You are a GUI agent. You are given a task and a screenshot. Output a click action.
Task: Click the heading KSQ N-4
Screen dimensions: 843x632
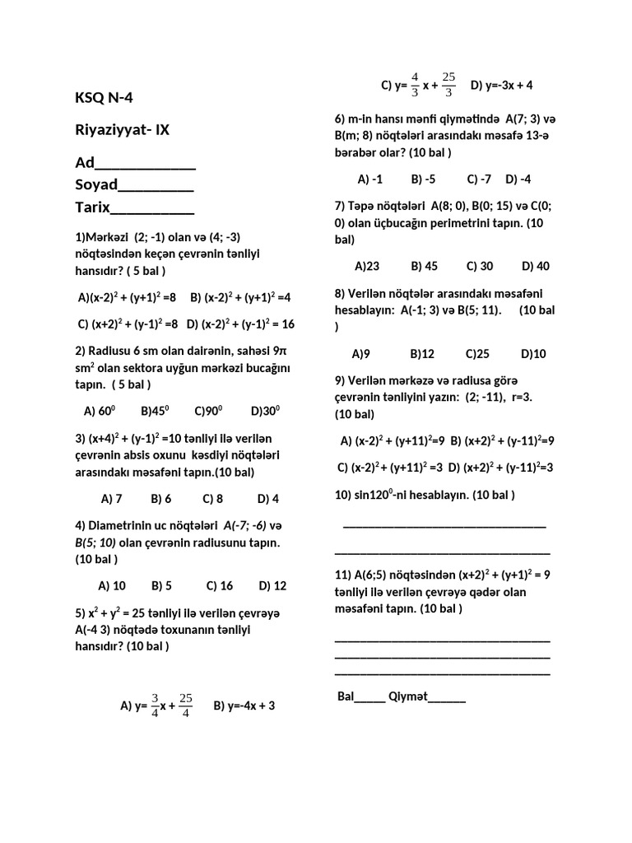104,99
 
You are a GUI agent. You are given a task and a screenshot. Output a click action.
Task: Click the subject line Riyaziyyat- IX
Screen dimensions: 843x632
123,130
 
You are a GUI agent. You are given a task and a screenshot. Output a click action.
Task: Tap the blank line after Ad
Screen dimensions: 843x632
146,163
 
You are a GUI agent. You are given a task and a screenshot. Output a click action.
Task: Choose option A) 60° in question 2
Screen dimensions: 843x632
100,411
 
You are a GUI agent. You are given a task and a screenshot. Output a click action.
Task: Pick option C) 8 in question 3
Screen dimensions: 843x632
212,498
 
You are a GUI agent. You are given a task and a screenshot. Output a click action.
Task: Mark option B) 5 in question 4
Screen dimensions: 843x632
161,585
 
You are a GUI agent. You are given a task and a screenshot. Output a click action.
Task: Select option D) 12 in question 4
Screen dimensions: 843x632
272,585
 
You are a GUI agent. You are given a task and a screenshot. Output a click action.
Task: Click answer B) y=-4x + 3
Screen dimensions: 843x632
244,706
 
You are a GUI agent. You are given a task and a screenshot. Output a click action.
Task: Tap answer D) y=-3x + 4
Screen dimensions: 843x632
501,85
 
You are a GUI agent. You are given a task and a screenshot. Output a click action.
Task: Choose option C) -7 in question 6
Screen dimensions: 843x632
479,179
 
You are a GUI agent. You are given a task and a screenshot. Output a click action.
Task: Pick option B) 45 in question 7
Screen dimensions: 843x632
424,266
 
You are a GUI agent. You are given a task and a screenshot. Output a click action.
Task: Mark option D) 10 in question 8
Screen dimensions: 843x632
533,353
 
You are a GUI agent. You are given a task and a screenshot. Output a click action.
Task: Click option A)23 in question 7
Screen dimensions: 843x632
366,266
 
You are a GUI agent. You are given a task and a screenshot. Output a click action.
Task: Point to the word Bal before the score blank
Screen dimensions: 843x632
346,696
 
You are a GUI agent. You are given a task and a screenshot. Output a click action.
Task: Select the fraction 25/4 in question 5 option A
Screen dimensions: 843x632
185,706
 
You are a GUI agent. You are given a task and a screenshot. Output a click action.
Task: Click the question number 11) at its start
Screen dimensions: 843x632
343,575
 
